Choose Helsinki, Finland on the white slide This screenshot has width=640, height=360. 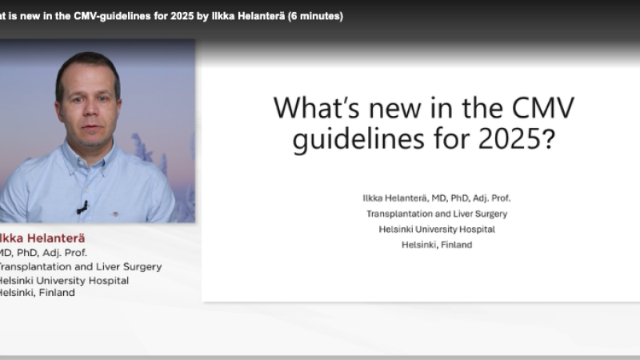[437, 245]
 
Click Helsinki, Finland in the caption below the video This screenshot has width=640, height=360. [36, 292]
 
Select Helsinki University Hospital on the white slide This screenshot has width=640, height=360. [437, 229]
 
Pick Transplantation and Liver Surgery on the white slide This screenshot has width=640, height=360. [437, 214]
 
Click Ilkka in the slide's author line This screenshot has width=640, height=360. [374, 197]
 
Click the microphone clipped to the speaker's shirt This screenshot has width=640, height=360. [82, 207]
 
